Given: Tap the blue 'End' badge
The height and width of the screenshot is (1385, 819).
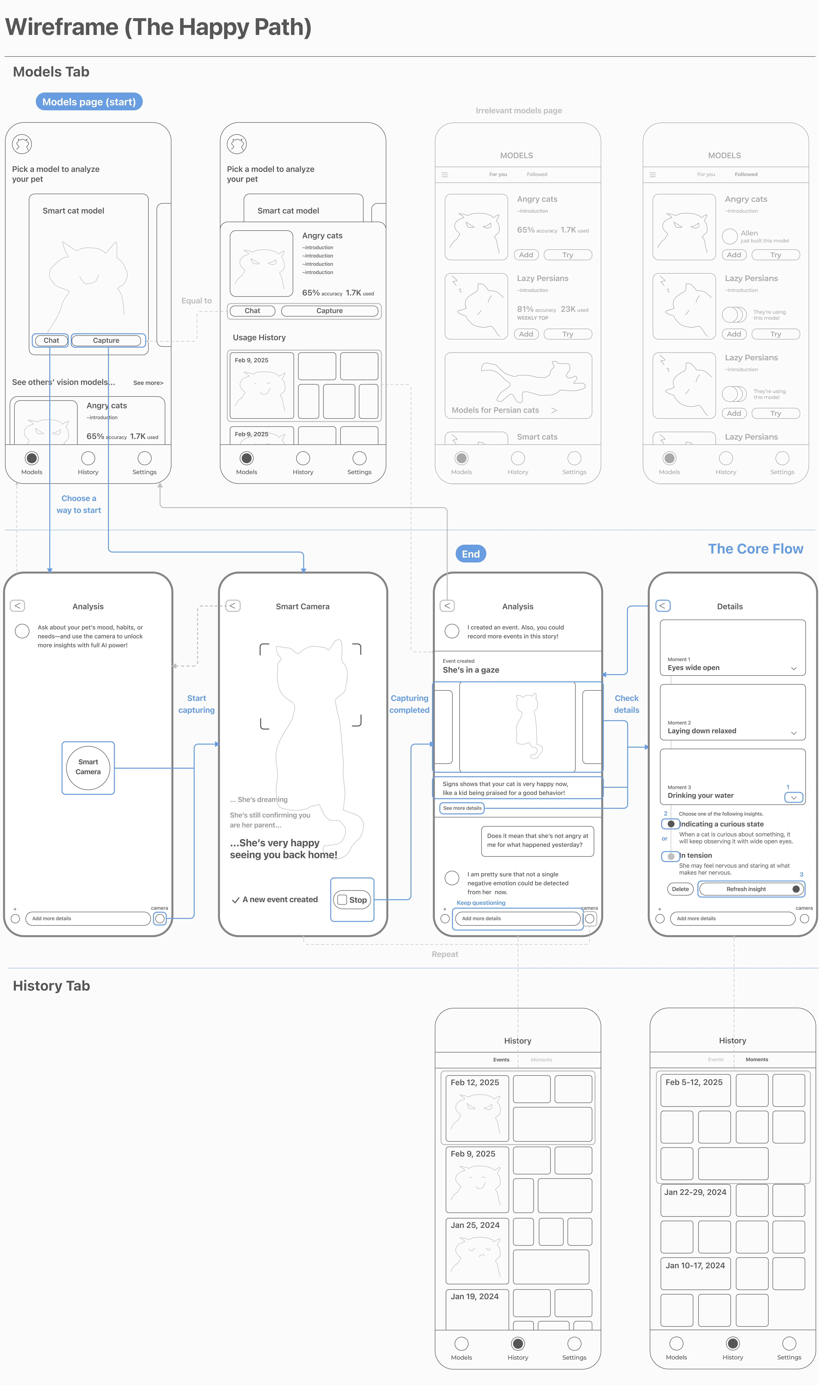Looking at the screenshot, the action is (470, 554).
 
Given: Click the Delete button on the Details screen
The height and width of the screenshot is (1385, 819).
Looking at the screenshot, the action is (680, 889).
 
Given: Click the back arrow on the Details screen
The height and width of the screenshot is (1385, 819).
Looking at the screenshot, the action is (662, 605).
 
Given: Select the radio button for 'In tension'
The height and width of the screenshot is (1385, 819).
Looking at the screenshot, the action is (671, 856).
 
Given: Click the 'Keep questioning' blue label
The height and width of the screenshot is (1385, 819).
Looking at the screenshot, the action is (481, 903).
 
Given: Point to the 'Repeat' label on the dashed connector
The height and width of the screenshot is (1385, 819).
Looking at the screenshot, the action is (445, 954).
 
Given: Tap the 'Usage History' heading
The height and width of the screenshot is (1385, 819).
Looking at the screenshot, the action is (259, 337).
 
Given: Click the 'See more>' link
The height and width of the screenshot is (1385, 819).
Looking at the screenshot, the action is (148, 383).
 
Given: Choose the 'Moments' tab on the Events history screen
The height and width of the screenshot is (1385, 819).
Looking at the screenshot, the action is (541, 1059).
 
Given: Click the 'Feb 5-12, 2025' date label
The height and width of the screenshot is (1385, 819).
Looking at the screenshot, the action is (694, 1082).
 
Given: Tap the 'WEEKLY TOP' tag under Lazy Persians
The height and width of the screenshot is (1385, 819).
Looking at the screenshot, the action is (533, 318).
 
